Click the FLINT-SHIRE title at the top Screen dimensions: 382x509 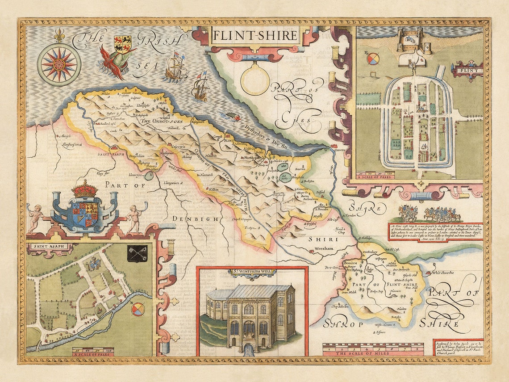[x=254, y=35]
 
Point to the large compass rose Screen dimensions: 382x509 [x=59, y=64]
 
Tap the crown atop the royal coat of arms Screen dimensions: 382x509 [x=85, y=189]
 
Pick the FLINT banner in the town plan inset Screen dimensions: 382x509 [x=467, y=71]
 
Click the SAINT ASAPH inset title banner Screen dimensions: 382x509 [x=44, y=246]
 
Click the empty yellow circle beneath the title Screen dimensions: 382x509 [x=255, y=80]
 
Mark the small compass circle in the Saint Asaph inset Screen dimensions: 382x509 [x=138, y=309]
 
